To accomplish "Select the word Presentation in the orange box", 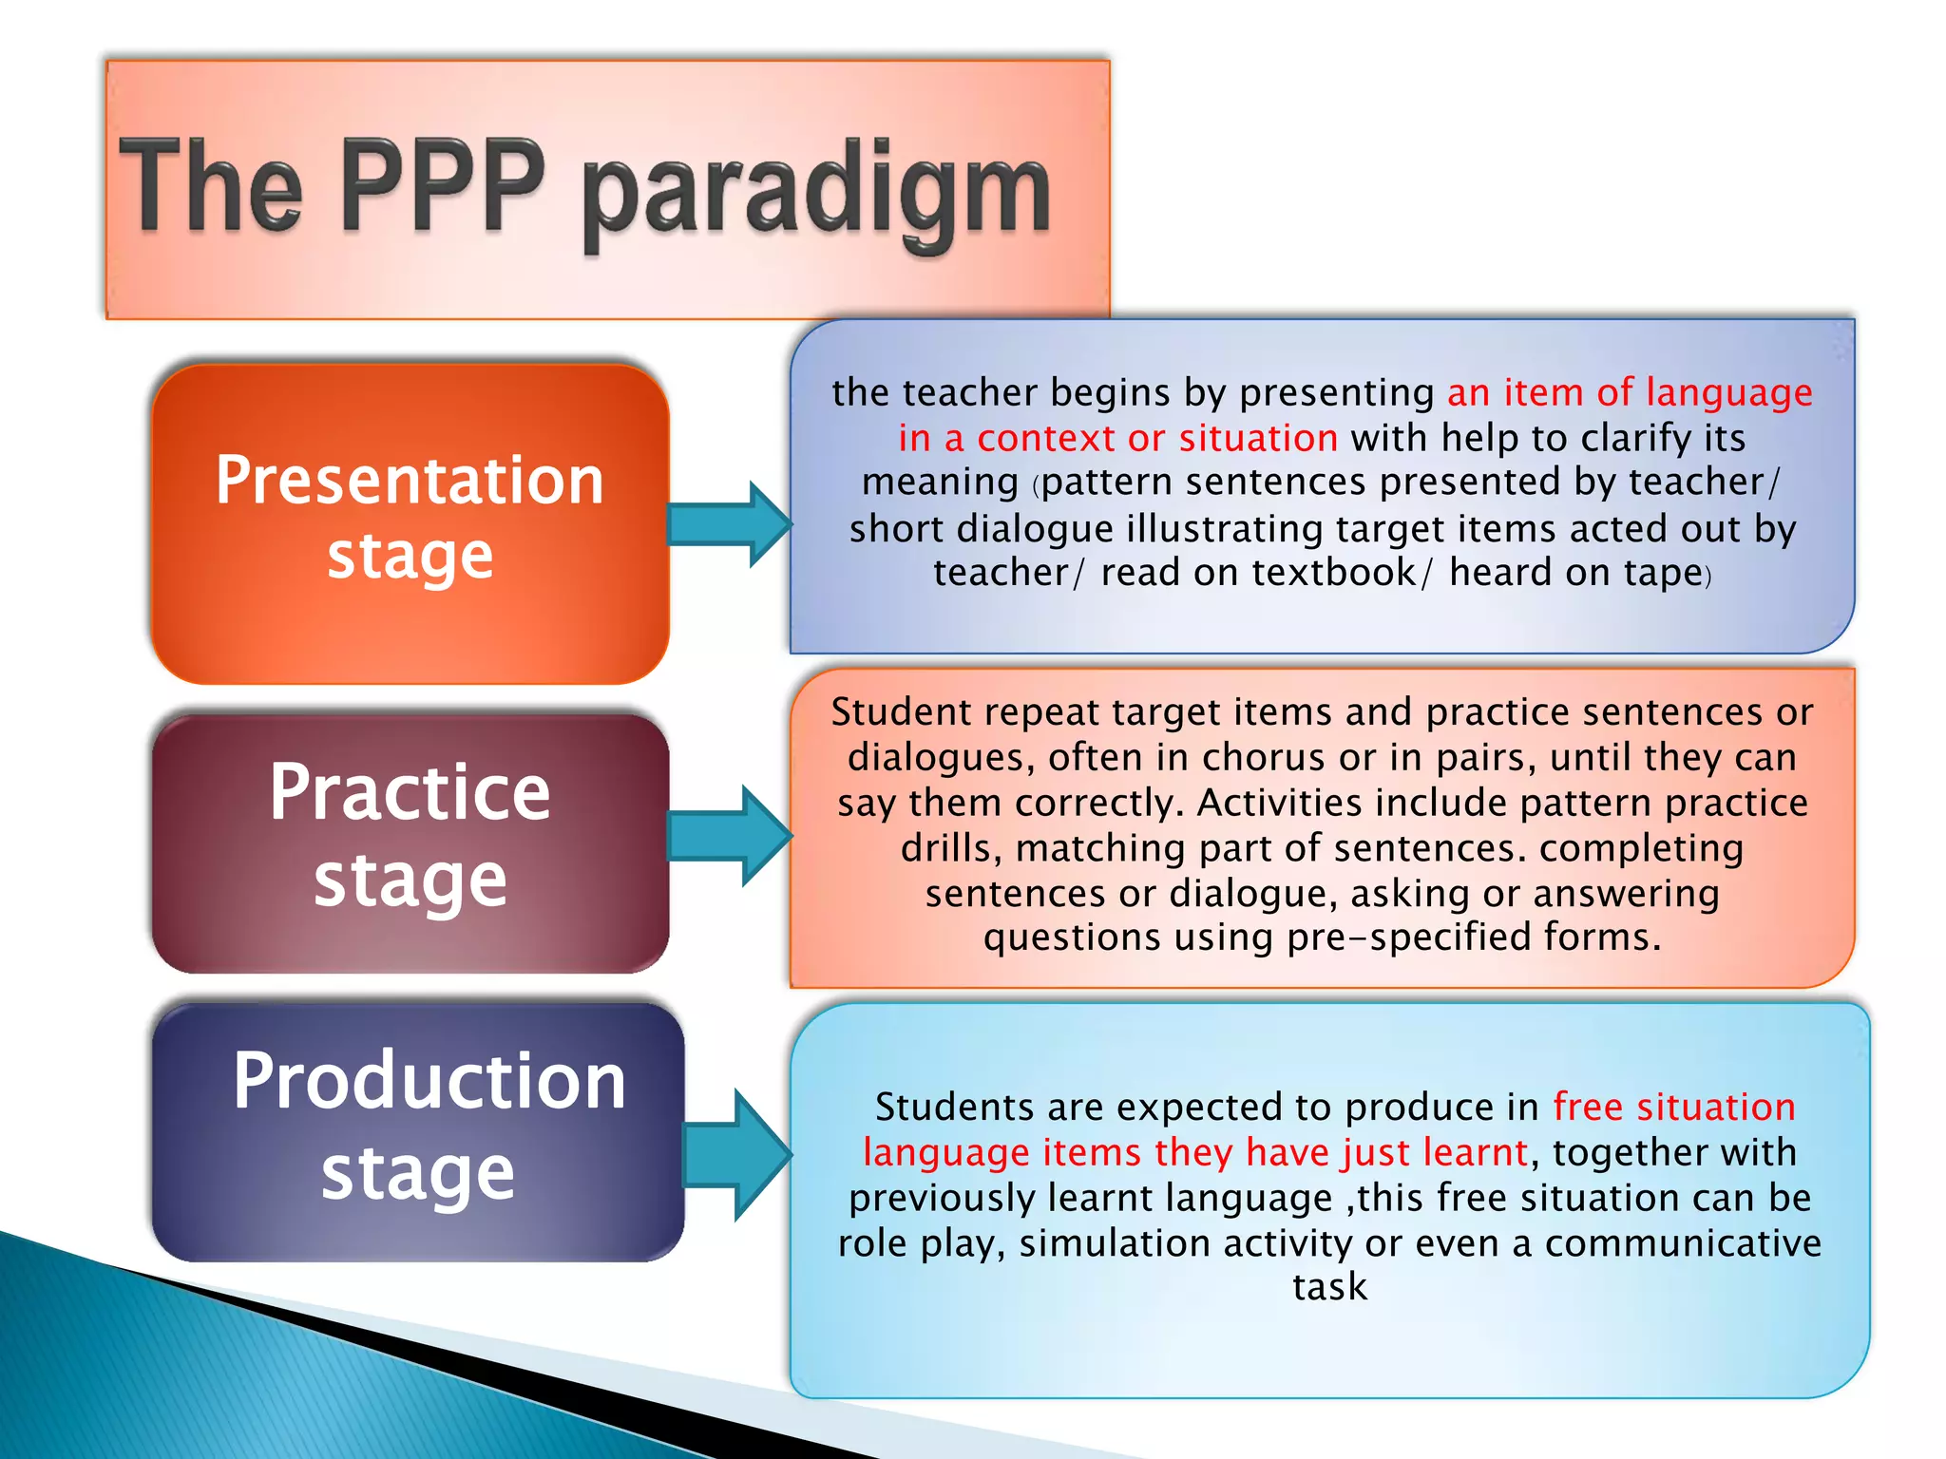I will tap(410, 480).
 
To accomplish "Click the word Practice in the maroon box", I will tap(410, 793).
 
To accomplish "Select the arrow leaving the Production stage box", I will tap(737, 1155).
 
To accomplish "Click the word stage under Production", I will tap(418, 1174).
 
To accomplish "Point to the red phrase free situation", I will tap(1674, 1108).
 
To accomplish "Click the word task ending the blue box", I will tap(1329, 1287).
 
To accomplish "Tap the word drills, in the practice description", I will tap(951, 848).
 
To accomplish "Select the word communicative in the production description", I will tap(1683, 1243).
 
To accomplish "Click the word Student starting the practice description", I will tap(901, 712).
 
